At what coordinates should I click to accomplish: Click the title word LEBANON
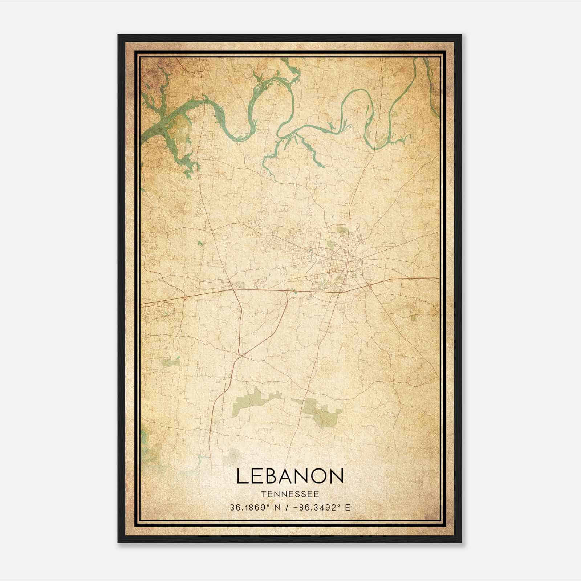pyautogui.click(x=290, y=476)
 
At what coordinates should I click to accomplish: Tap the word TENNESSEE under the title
pyautogui.click(x=290, y=494)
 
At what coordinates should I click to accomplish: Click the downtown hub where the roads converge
pyautogui.click(x=348, y=259)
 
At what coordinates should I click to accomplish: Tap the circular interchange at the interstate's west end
pyautogui.click(x=185, y=297)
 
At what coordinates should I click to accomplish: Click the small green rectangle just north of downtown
pyautogui.click(x=341, y=229)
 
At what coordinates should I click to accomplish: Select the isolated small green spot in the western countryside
pyautogui.click(x=200, y=243)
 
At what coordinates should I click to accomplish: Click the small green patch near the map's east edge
pyautogui.click(x=414, y=318)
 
